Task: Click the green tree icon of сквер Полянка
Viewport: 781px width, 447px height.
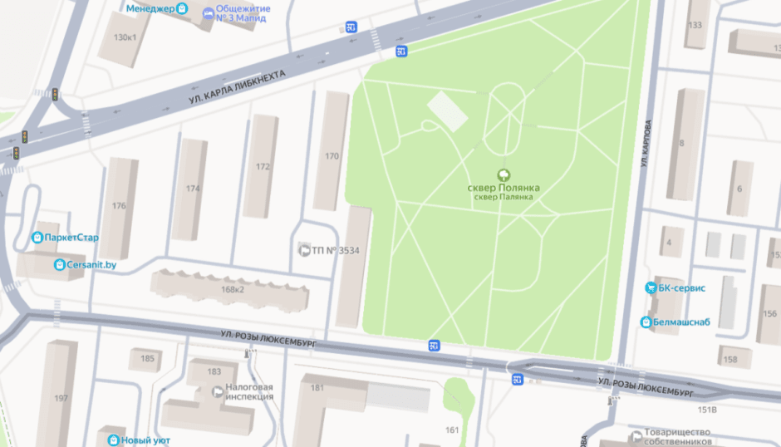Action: pyautogui.click(x=503, y=174)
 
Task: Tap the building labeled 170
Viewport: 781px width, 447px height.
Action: pyautogui.click(x=332, y=155)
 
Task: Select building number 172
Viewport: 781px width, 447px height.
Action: pyautogui.click(x=263, y=166)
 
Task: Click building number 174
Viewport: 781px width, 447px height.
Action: pyautogui.click(x=193, y=189)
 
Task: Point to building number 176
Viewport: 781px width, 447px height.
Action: pyautogui.click(x=119, y=206)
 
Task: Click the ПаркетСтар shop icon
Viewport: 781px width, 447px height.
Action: pyautogui.click(x=37, y=238)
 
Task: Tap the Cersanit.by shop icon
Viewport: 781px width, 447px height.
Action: pyautogui.click(x=60, y=265)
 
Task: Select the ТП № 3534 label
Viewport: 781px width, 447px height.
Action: pyautogui.click(x=336, y=250)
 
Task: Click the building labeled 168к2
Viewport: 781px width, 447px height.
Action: pyautogui.click(x=232, y=289)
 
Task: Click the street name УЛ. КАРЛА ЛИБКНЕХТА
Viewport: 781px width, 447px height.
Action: pyautogui.click(x=237, y=86)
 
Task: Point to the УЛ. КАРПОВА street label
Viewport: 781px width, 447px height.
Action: pyautogui.click(x=646, y=144)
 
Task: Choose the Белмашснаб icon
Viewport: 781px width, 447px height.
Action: pyautogui.click(x=646, y=322)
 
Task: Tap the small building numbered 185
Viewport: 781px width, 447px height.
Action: pyautogui.click(x=147, y=359)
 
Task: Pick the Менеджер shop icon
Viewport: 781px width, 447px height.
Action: pyautogui.click(x=183, y=10)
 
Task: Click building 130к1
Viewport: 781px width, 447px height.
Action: pyautogui.click(x=125, y=37)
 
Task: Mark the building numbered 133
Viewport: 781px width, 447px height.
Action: pyautogui.click(x=694, y=24)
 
